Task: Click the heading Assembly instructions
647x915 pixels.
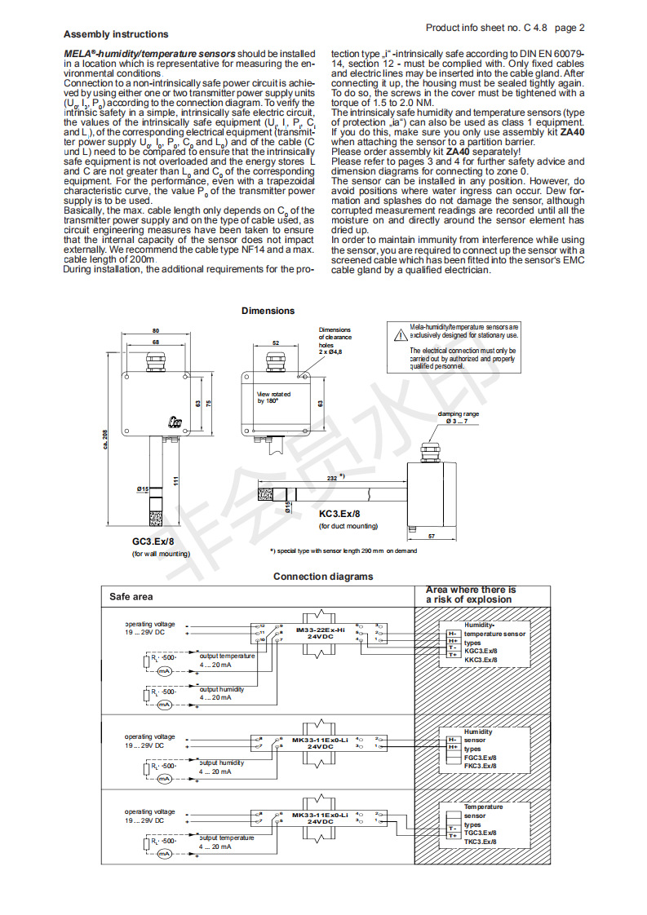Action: pos(116,34)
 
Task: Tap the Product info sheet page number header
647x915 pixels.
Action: pos(505,28)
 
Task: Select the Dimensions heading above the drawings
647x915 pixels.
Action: pos(268,311)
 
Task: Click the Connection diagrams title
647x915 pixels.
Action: pos(323,577)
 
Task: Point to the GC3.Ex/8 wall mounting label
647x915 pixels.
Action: pos(153,541)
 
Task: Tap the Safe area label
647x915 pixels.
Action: pos(131,597)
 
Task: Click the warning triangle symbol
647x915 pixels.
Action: pos(400,334)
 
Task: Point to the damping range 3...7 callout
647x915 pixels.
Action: pos(459,418)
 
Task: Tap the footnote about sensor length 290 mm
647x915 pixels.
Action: pos(343,550)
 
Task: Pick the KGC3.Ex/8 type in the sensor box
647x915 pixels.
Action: pos(481,651)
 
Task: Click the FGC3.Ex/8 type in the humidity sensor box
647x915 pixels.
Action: pos(480,758)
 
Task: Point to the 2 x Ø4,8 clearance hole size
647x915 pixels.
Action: pos(331,351)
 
